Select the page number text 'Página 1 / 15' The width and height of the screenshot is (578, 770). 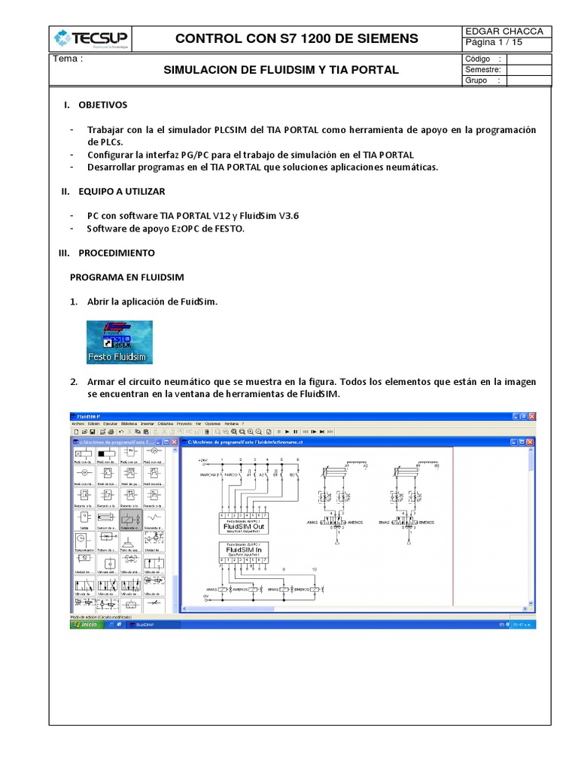coord(494,43)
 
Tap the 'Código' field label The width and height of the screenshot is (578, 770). coord(479,59)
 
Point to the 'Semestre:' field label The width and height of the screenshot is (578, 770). coord(483,70)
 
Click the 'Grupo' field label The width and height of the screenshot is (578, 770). coord(477,80)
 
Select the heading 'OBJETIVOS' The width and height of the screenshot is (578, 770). coord(103,105)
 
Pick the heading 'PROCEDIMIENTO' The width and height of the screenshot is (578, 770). coord(117,253)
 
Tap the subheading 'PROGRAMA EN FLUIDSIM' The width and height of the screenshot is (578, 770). coord(127,277)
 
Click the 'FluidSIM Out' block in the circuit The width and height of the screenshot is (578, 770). coord(243,526)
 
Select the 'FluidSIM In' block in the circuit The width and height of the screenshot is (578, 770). coord(242,550)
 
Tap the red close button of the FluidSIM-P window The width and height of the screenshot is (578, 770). coord(531,416)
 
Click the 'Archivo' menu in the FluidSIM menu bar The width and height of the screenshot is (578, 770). coord(78,423)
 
